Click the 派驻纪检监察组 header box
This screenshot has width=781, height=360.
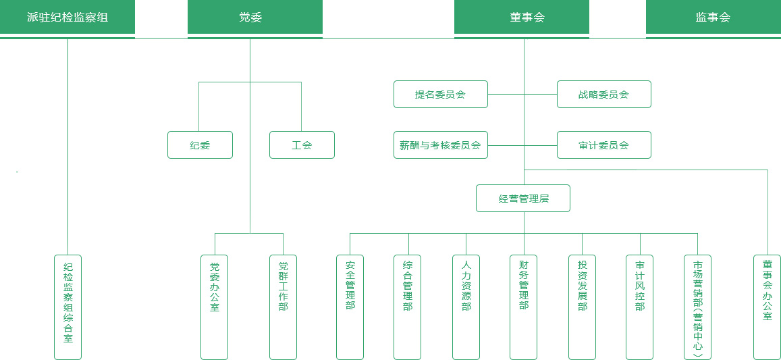68,18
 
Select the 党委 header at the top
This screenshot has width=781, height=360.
250,18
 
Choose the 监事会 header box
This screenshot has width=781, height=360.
713,18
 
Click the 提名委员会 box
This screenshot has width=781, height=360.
440,95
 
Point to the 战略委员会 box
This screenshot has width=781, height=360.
603,95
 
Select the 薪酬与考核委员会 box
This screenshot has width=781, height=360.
440,145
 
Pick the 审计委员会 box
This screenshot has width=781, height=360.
603,145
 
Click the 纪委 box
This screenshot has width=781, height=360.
200,145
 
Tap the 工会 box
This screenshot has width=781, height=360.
302,145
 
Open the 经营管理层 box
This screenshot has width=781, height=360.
523,199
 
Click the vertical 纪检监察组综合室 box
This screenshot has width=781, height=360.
68,307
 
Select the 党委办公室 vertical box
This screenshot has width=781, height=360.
215,307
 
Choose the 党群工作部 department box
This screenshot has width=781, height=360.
283,307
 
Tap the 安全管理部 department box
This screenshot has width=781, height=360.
350,307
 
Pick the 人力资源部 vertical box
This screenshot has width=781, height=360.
466,307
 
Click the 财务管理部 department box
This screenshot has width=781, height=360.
523,307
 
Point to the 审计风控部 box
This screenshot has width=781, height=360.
639,307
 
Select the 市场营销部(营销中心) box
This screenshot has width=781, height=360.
697,307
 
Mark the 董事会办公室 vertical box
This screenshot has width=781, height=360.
767,307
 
